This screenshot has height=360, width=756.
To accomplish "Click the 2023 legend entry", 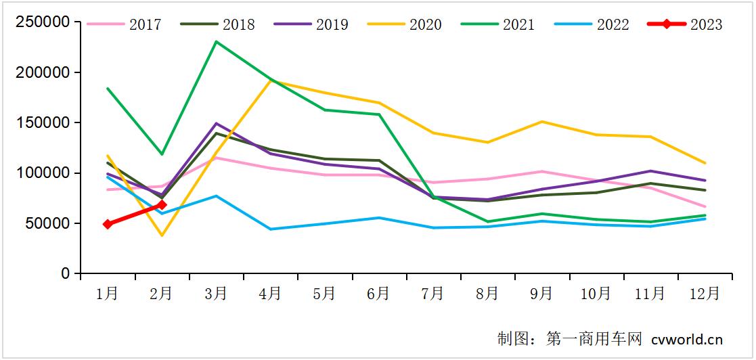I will point(684,25).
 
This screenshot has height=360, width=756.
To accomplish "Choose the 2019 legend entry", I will point(311,25).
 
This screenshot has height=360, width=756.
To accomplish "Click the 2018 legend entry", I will point(217,25).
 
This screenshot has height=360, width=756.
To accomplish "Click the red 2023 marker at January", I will point(108,224).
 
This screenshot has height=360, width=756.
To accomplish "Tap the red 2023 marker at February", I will point(162,204).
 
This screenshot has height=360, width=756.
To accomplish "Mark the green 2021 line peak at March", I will point(216,42).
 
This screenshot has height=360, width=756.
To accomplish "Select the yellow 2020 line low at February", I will point(162,235).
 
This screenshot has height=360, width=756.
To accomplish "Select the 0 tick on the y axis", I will point(66,274).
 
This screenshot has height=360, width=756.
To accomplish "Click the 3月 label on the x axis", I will point(216,294).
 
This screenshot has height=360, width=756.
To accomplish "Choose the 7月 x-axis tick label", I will point(432,294).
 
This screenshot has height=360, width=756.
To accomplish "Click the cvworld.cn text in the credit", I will point(687,338).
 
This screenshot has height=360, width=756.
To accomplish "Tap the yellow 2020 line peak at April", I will point(271,81).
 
